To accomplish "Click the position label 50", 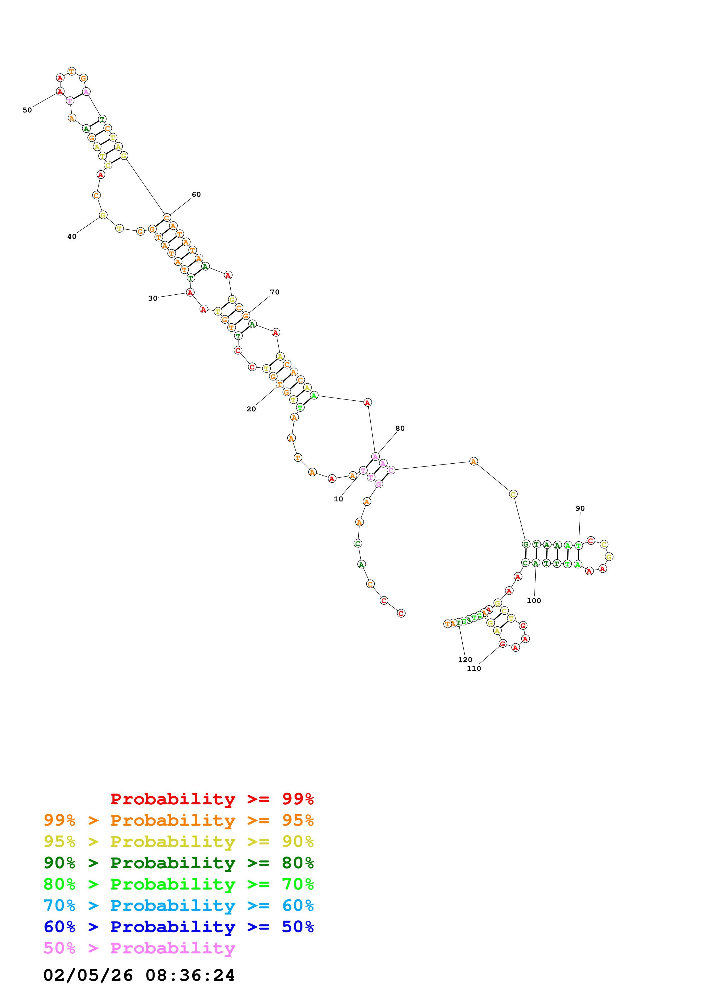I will (27, 110).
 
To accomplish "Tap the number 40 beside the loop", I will (72, 237).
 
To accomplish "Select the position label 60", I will (197, 194).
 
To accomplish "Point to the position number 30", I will (153, 298).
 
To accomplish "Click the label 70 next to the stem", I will (275, 292).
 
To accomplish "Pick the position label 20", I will (251, 409).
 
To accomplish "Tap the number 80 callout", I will (400, 428).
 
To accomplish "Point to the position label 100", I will (534, 600).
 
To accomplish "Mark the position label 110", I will (474, 668).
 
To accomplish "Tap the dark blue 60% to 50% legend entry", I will (179, 927).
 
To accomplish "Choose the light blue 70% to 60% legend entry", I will (179, 905).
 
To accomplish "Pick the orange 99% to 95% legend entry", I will (179, 820).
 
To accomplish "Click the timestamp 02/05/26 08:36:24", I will (139, 975).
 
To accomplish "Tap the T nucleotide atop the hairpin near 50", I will (72, 71).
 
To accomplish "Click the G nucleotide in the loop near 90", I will (609, 556).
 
